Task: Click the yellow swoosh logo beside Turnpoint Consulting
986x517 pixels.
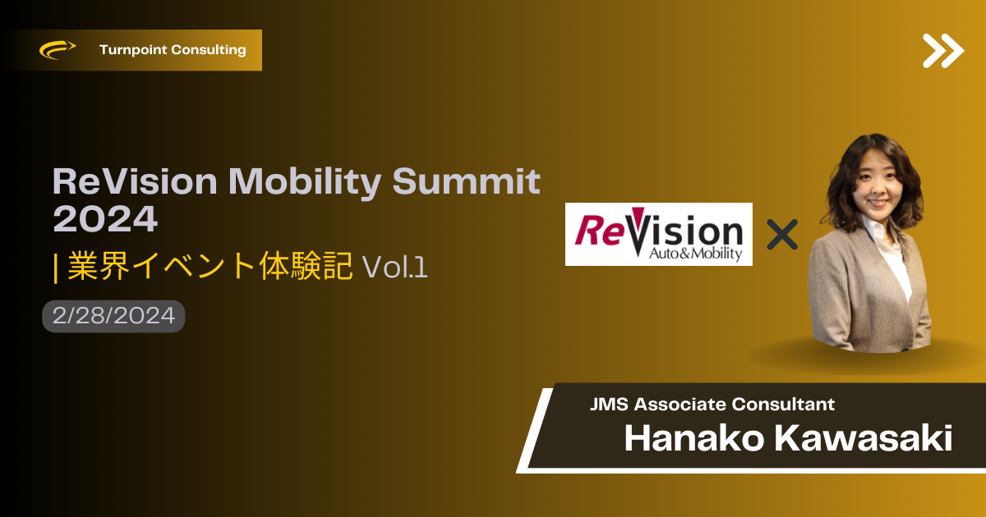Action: click(58, 49)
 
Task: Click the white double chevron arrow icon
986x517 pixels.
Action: click(943, 51)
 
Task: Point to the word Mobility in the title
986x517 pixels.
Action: click(305, 182)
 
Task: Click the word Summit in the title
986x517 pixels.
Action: click(466, 181)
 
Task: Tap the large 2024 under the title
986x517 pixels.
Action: click(105, 218)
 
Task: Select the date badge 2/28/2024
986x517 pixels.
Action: click(113, 316)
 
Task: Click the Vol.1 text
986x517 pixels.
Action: click(395, 267)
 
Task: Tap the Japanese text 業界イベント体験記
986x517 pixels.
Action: click(210, 266)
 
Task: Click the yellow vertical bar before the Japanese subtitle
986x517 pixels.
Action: click(56, 268)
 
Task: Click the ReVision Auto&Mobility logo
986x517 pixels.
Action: click(658, 234)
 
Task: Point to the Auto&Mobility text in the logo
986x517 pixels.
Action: click(695, 254)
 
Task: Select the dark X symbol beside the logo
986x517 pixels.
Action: click(782, 235)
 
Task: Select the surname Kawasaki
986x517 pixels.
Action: click(864, 438)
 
